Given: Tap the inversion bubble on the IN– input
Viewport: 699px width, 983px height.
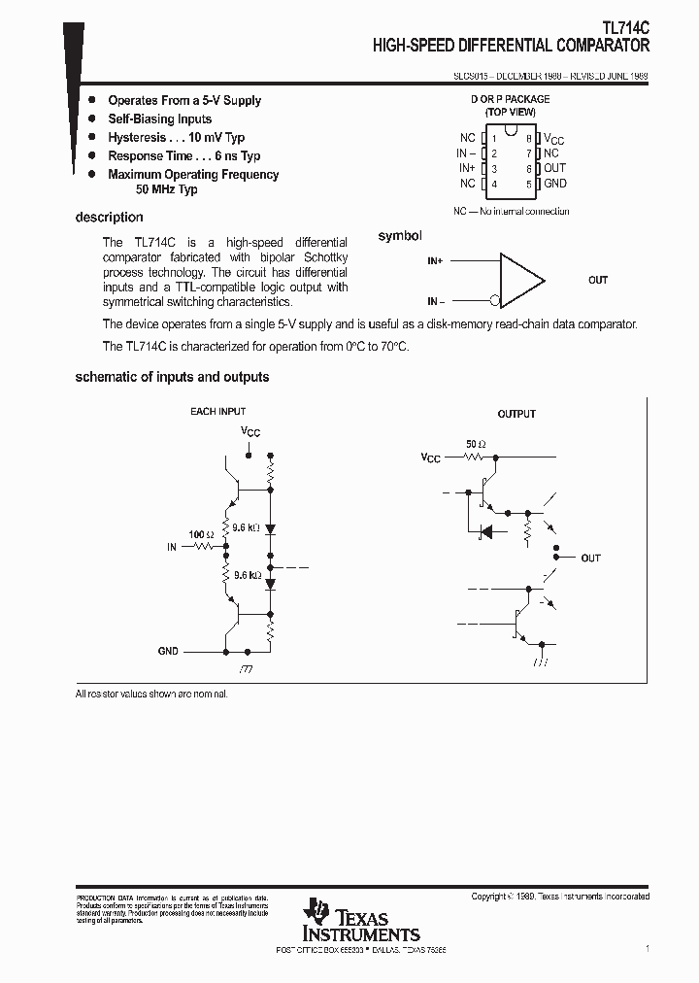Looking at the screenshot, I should pyautogui.click(x=495, y=300).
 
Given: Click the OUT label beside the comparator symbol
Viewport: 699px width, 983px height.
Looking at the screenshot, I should pyautogui.click(x=598, y=280).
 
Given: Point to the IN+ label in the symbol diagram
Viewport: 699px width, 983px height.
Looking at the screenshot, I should pyautogui.click(x=434, y=261).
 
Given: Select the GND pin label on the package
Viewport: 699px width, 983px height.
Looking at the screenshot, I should pyautogui.click(x=555, y=184).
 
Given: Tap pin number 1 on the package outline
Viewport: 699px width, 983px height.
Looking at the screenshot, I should pyautogui.click(x=494, y=139).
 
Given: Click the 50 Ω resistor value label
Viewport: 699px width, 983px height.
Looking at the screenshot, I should pyautogui.click(x=476, y=444).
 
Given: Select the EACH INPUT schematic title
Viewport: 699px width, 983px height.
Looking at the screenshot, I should pyautogui.click(x=217, y=412).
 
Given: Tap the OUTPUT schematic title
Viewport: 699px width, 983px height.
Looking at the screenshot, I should pyautogui.click(x=516, y=414).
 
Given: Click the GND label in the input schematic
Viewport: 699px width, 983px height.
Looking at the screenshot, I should pyautogui.click(x=168, y=651).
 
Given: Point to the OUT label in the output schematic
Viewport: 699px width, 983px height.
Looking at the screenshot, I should pyautogui.click(x=590, y=559).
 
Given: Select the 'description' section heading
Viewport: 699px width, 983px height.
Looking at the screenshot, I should pyautogui.click(x=109, y=218).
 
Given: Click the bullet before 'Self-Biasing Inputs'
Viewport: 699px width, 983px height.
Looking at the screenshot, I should pyautogui.click(x=92, y=119).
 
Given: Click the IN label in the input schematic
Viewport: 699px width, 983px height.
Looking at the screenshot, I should pyautogui.click(x=172, y=547).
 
